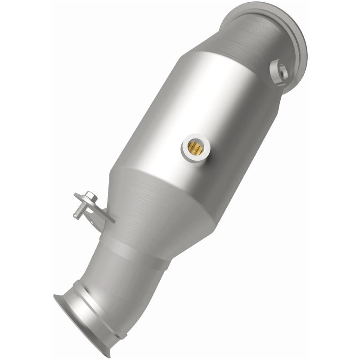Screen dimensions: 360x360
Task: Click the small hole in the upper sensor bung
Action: (x=282, y=70)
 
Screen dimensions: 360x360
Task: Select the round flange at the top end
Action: (x=270, y=27)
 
